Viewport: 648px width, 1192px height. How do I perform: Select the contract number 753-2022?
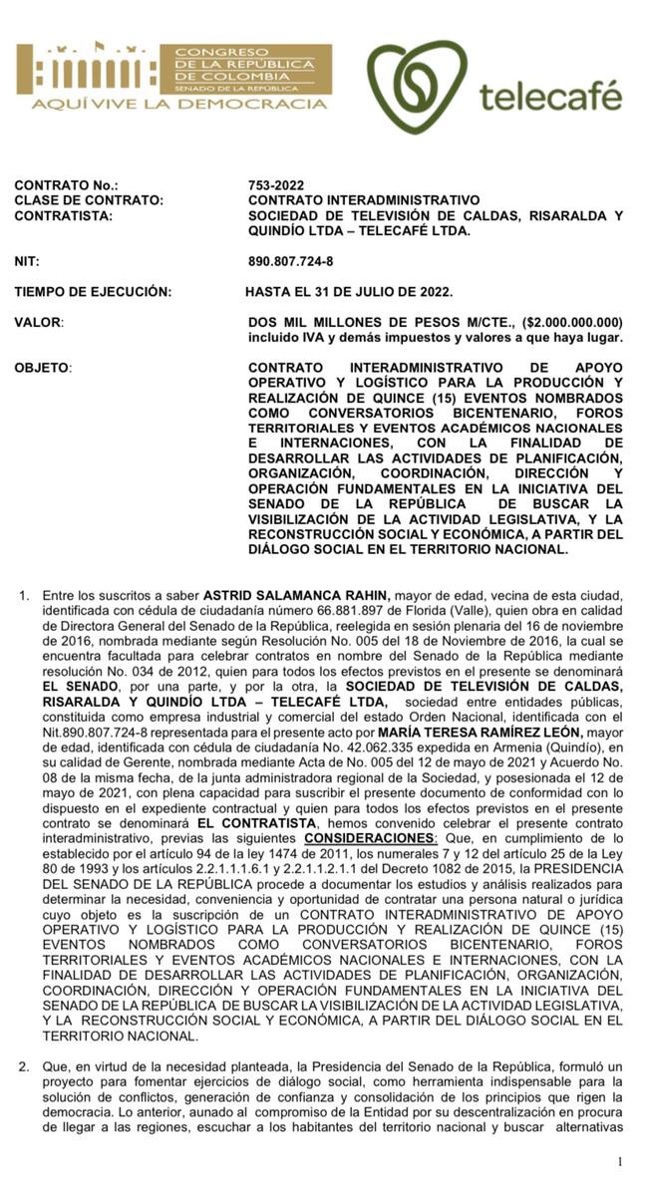pos(276,185)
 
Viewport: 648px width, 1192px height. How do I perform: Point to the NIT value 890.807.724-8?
pos(291,261)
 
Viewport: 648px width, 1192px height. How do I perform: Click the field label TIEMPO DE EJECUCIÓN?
pos(93,292)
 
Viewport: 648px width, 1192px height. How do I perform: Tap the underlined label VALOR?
pos(38,323)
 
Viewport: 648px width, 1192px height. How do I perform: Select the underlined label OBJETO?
pos(42,368)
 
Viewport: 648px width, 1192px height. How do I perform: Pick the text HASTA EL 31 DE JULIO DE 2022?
pos(349,292)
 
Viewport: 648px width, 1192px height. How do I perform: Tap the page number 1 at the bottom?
pos(620,1161)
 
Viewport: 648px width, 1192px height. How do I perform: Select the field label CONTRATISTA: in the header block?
pos(63,215)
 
